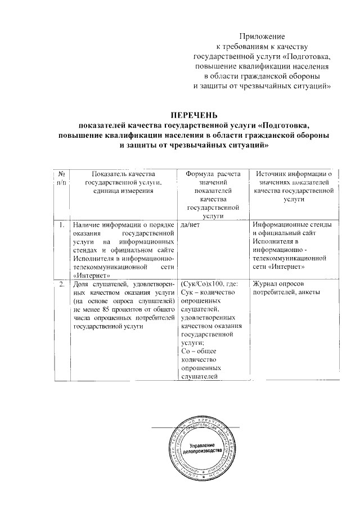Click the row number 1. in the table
click(x=61, y=226)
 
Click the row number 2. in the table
click(x=61, y=283)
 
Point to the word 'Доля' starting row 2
click(x=83, y=283)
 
